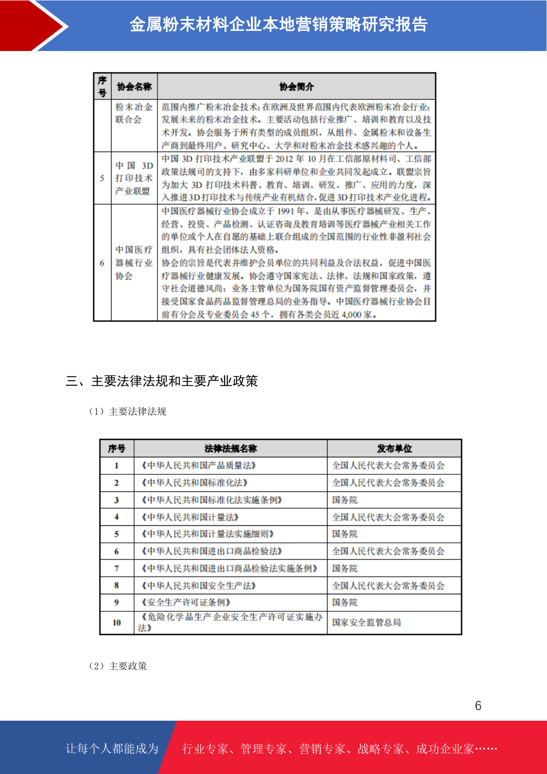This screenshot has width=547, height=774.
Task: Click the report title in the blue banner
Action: click(278, 24)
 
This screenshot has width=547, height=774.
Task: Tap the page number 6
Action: click(478, 706)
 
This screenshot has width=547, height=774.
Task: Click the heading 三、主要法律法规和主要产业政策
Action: click(162, 381)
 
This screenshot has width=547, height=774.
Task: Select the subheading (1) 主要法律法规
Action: click(128, 411)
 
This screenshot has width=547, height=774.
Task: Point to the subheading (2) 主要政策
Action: click(118, 666)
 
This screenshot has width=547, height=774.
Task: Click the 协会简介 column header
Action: click(296, 86)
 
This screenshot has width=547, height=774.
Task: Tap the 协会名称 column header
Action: click(134, 86)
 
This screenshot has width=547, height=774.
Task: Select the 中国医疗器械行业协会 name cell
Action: click(134, 263)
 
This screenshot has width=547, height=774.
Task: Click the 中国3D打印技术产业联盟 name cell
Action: click(134, 178)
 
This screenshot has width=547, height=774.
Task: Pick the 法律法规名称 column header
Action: click(231, 449)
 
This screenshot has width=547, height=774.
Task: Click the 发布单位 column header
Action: click(394, 449)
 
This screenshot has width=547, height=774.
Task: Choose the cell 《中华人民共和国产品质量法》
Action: click(198, 466)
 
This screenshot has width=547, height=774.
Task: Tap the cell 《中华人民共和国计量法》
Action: click(190, 517)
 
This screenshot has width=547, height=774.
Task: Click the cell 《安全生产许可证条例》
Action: click(186, 603)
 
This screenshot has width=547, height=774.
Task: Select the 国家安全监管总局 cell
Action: click(367, 622)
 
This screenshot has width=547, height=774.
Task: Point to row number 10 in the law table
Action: click(117, 622)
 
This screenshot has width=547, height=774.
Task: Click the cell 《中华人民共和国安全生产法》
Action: click(198, 586)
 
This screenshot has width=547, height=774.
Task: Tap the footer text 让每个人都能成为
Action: click(112, 749)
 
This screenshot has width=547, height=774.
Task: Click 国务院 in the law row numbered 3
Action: click(345, 500)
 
